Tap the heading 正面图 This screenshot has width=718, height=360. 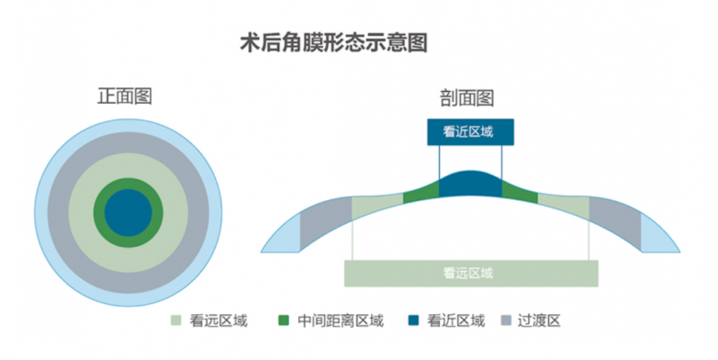(125, 96)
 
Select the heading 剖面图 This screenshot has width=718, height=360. (469, 96)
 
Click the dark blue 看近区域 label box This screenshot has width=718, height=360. (470, 132)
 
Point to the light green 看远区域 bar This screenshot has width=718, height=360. (470, 273)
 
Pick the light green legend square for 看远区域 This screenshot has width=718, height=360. (176, 321)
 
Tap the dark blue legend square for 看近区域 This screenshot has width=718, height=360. (413, 321)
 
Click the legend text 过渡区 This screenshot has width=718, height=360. (539, 321)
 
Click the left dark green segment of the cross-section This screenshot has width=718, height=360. (421, 191)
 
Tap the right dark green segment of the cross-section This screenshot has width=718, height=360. (519, 191)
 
